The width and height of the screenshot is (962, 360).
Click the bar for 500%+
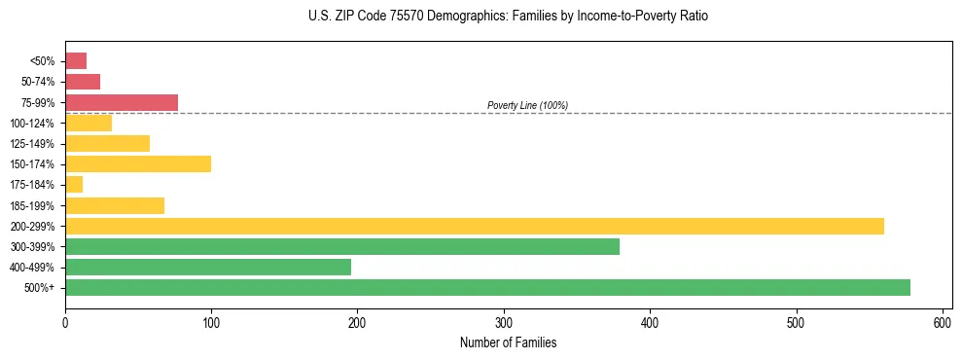click(x=487, y=287)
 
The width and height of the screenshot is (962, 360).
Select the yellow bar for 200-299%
click(x=475, y=226)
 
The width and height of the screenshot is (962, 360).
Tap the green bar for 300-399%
click(x=342, y=246)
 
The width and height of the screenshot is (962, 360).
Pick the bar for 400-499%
click(x=208, y=267)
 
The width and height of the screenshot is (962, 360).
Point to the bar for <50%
click(x=76, y=60)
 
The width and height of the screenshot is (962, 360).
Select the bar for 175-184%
click(x=74, y=184)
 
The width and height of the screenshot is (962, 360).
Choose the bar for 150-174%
click(x=138, y=163)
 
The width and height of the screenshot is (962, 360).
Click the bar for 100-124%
click(x=89, y=123)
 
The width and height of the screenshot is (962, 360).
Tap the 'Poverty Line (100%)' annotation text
click(x=527, y=105)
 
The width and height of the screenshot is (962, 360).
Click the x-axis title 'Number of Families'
click(x=508, y=342)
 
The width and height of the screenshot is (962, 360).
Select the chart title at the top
click(x=509, y=17)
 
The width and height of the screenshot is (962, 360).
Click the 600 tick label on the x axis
click(x=943, y=322)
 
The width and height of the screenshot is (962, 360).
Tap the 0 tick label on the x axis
click(x=65, y=322)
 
